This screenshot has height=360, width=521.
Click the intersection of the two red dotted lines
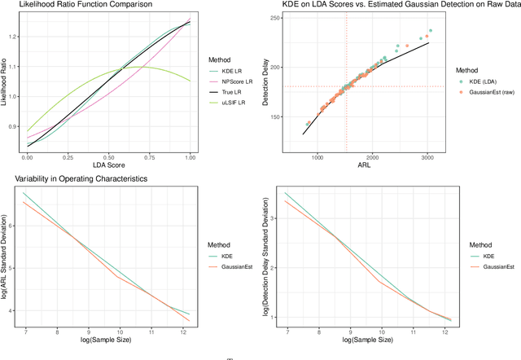point(347,86)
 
